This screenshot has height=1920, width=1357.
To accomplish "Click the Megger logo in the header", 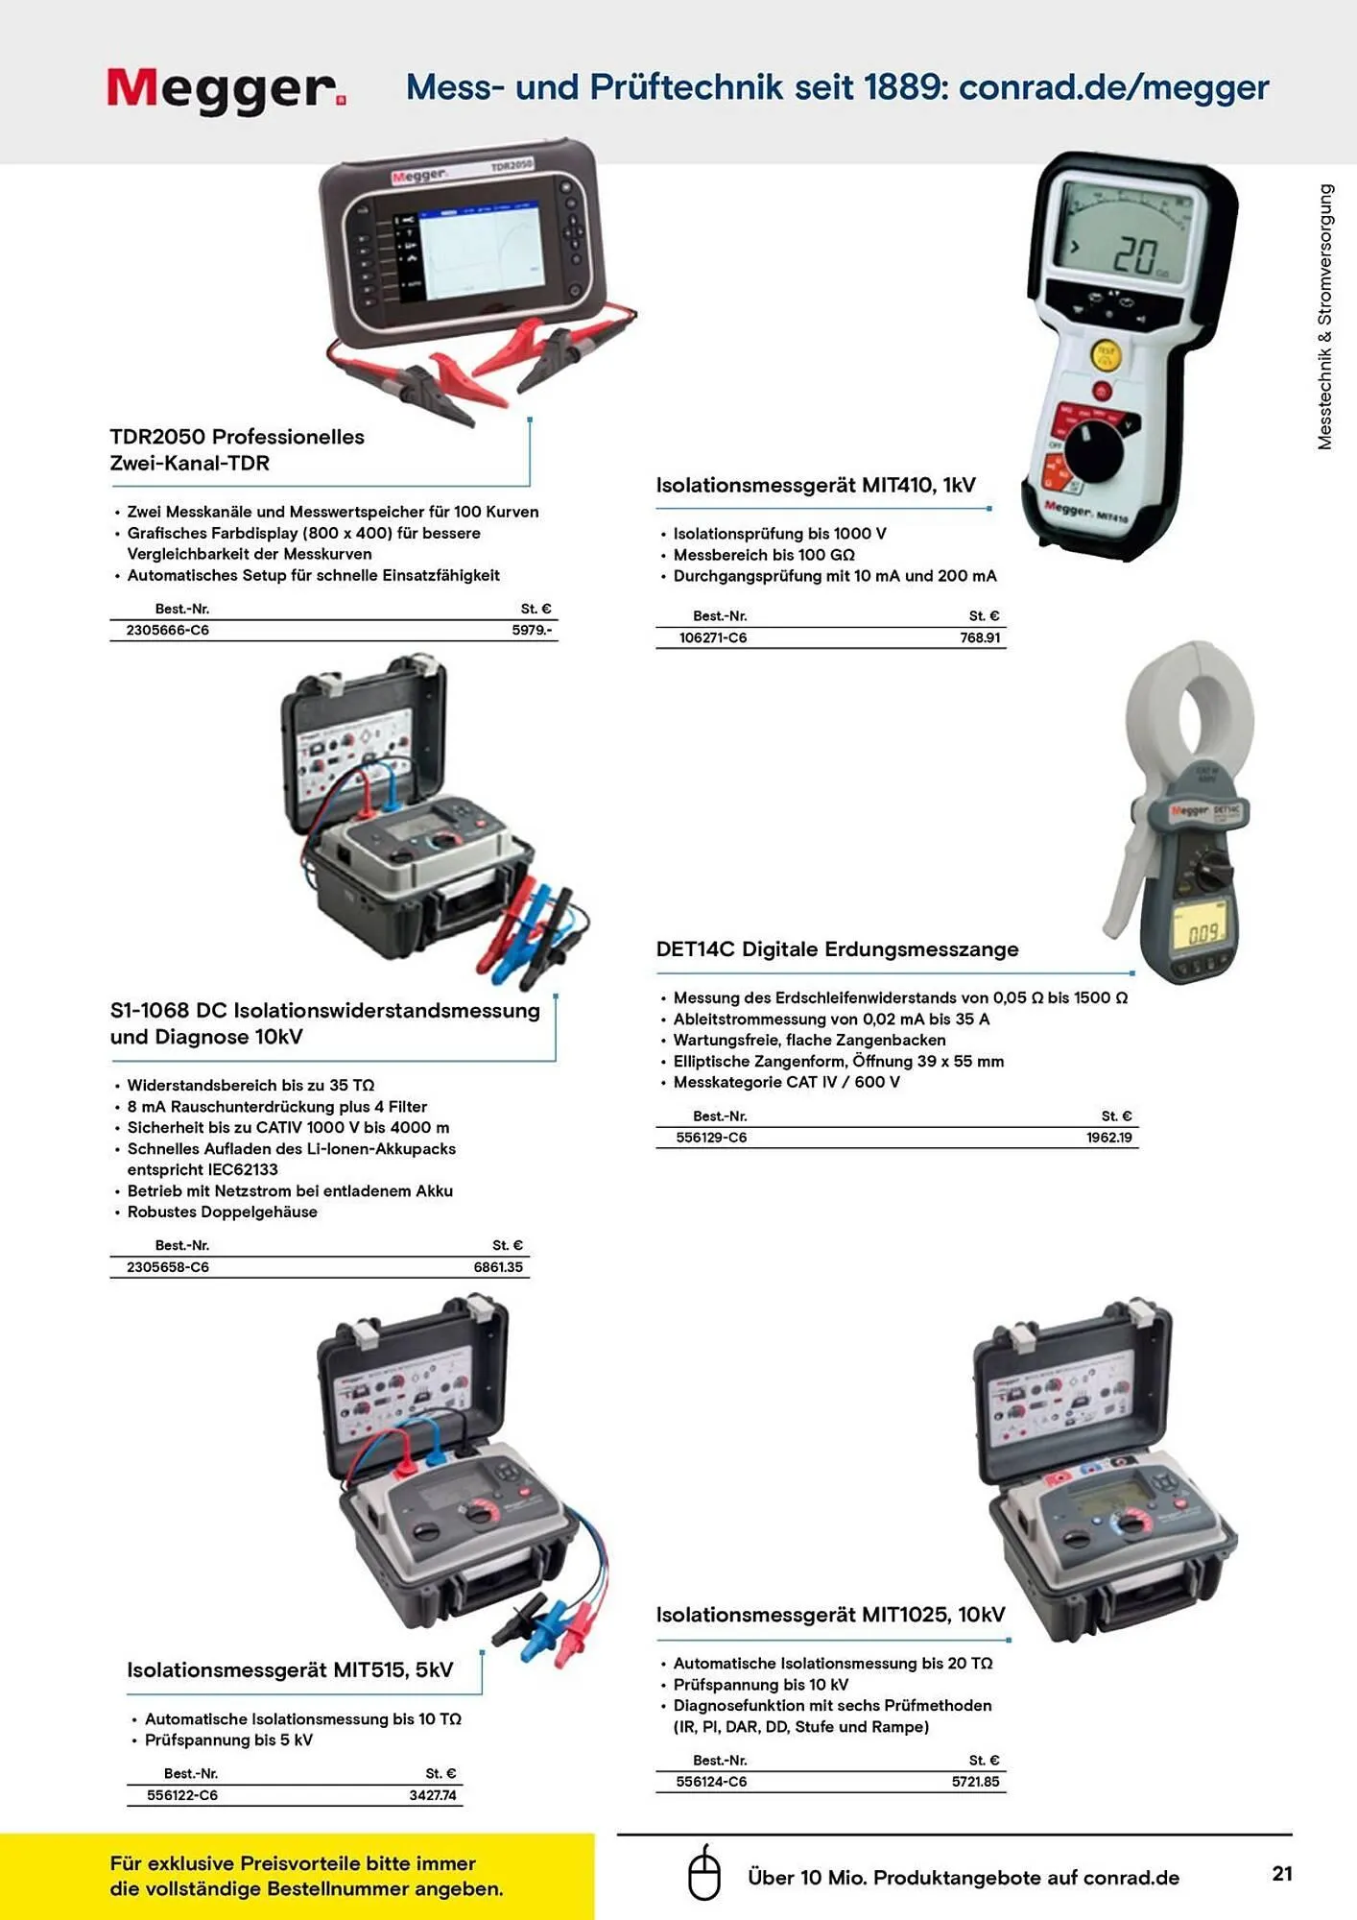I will coord(226,90).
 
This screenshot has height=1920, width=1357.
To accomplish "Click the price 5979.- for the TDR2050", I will coord(532,631).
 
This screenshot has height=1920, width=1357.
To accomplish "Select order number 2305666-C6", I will coord(168,631).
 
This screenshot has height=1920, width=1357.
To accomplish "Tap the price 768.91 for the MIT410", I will coord(980,637).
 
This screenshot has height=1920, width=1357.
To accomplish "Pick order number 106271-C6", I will coord(713,637).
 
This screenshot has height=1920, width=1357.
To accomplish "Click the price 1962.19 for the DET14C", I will coord(1109,1138).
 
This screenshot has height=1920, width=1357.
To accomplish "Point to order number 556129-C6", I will coord(711,1138).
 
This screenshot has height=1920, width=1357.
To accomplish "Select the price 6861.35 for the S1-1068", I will coord(498,1267).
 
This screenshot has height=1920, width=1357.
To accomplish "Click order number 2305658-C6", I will coord(168,1267).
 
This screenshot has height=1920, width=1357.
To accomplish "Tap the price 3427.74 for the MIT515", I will coord(433,1795).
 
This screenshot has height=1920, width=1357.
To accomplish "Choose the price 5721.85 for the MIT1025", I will coord(976,1782).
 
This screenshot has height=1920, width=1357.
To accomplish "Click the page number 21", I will coord(1282,1873).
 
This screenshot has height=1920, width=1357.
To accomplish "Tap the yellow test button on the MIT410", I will coord(1106,355).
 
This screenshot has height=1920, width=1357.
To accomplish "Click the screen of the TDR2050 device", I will coord(480,249).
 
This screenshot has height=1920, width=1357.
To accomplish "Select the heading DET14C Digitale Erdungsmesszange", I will coord(837,949).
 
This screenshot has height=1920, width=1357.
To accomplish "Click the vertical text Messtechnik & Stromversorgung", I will coord(1325,317).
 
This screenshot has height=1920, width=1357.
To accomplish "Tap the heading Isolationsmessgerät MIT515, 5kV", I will coord(290,1670).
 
